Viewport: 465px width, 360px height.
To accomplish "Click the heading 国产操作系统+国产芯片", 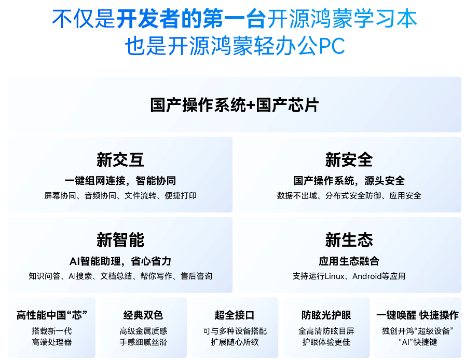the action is pos(234,105).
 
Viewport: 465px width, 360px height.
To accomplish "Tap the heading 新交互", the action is pos(120,159).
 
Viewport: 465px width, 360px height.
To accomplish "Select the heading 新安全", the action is pos(349,159).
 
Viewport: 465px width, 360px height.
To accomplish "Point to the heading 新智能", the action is pos(120,240).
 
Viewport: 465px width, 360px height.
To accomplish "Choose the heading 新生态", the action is pos(349,240).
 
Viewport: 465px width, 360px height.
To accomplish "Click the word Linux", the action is pos(334,276).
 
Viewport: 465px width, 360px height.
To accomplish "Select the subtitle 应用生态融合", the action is pos(349,261).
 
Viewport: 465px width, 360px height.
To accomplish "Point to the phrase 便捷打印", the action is pos(181,195).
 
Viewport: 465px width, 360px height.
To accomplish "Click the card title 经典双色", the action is pos(143,315).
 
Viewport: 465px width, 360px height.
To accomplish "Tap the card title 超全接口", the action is pos(235,315).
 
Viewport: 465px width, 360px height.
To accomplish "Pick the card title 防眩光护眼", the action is pos(326,315).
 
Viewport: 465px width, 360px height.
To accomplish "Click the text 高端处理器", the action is pos(52,342).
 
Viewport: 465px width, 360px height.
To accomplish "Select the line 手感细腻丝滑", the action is pos(143,342).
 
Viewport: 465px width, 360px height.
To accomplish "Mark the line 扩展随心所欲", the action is pos(235,342).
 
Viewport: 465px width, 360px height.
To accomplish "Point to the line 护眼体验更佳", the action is pos(326,342).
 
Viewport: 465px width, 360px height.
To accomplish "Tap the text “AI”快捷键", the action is pos(418,342).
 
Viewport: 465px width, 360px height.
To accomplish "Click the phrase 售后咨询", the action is pos(196,276).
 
